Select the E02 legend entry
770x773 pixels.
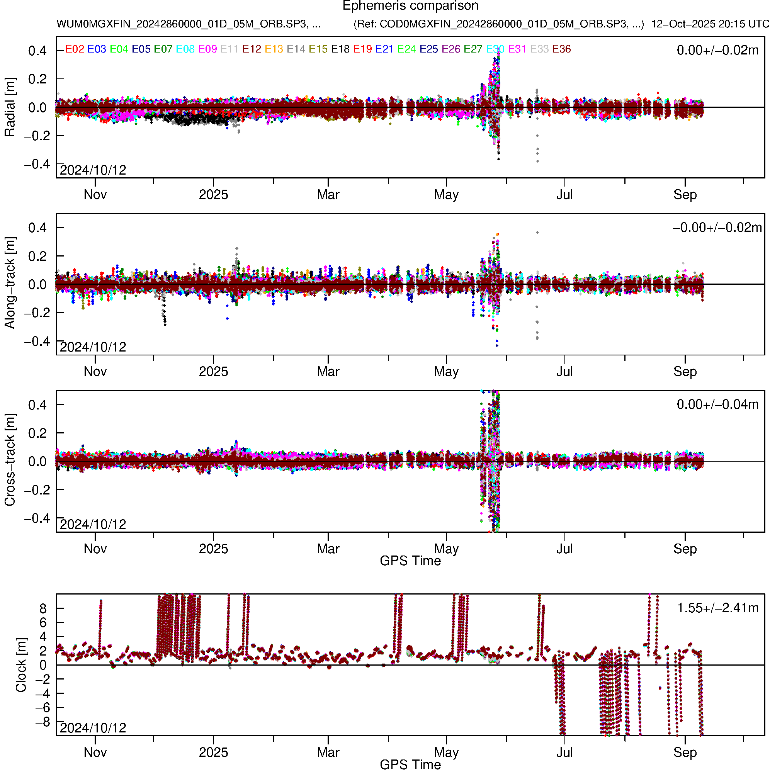point(75,49)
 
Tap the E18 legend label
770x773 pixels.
point(340,49)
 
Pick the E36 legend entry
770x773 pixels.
point(561,49)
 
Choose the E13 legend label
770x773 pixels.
point(274,49)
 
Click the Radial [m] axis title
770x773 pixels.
point(10,107)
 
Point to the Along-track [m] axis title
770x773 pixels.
point(10,283)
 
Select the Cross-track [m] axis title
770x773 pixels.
point(10,460)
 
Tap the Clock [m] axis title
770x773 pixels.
point(21,664)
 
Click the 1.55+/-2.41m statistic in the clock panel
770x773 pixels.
point(717,608)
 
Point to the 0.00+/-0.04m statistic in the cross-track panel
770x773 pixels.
point(717,404)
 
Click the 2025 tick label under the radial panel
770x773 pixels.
point(213,195)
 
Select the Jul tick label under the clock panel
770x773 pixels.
point(564,753)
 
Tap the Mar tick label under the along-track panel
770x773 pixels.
point(328,372)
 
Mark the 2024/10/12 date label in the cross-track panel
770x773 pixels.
point(93,524)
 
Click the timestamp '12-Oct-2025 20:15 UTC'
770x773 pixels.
point(710,24)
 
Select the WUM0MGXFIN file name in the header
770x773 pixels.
point(188,24)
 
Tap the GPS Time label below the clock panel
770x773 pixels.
point(410,765)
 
